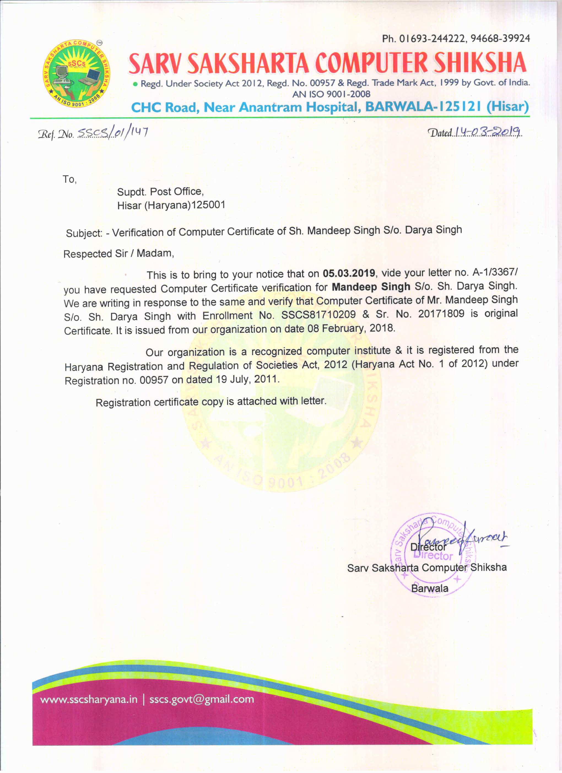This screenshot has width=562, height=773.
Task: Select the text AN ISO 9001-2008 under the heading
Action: point(331,94)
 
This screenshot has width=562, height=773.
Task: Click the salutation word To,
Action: point(69,179)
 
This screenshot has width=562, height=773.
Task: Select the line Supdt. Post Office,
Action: point(160,192)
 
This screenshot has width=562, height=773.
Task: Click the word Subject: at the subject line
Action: point(84,233)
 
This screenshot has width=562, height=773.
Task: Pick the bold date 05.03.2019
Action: point(349,273)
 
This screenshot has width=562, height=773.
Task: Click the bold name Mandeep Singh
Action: point(371,287)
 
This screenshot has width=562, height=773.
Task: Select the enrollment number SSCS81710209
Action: point(318,315)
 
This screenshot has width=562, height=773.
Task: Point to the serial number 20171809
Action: point(441,313)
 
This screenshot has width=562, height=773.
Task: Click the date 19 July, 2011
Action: point(247,379)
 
